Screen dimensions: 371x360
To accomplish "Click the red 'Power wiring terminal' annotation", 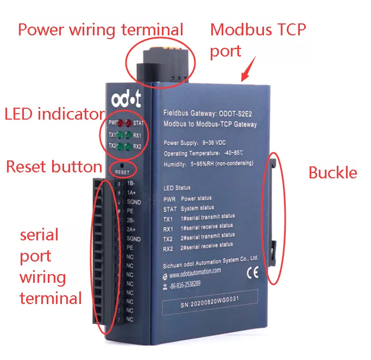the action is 100,29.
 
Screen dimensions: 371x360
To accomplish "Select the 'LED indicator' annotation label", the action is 54,114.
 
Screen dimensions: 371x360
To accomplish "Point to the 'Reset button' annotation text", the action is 54,166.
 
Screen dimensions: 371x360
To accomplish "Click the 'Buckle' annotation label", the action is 332,173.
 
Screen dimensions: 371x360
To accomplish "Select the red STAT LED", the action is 128,123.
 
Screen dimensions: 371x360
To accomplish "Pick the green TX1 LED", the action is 120,135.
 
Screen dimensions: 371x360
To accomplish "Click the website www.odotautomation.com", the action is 198,271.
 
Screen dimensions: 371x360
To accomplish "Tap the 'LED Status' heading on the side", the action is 177,188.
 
